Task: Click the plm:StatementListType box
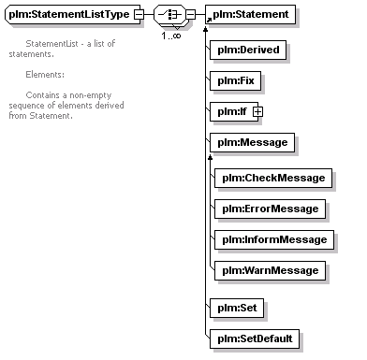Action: (73, 14)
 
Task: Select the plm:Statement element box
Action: (250, 14)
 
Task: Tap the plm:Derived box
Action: (248, 50)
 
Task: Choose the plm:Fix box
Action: (235, 80)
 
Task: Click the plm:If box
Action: (234, 111)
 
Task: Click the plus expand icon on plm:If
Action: (257, 111)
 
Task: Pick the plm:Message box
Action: (252, 142)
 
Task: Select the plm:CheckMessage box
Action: (273, 178)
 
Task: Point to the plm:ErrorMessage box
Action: (271, 209)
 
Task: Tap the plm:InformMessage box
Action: (274, 239)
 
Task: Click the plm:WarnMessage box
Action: (271, 270)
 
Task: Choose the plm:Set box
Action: (237, 308)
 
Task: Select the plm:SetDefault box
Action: (255, 338)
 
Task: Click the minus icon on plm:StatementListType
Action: (139, 14)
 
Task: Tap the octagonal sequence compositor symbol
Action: (169, 14)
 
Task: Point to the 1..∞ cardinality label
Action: (171, 36)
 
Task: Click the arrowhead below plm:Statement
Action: (205, 29)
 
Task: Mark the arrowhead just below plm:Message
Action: (211, 157)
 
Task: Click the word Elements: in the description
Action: (45, 75)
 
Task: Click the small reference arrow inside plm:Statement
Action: (209, 20)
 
